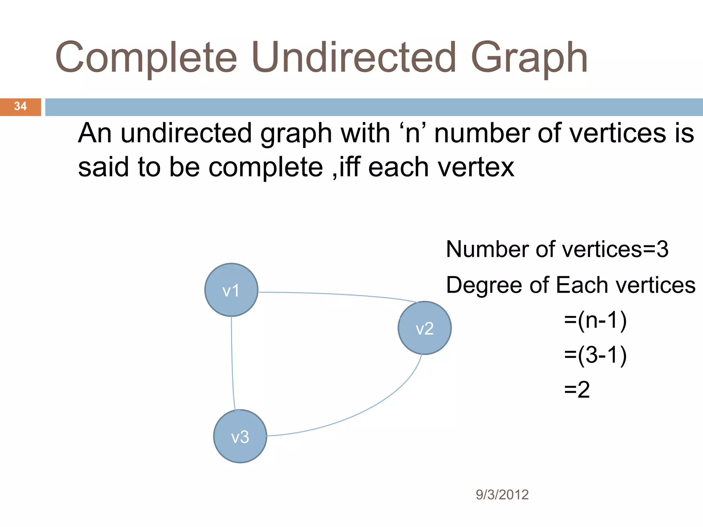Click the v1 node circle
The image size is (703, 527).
pos(231,290)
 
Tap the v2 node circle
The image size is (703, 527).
pos(425,328)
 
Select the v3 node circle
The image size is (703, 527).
pos(240,436)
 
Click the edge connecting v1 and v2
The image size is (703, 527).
pos(336,294)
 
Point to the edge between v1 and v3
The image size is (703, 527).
pos(232,364)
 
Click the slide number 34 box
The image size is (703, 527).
pos(20,107)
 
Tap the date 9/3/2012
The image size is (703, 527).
pos(502,495)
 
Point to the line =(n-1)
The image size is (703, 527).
pos(595,320)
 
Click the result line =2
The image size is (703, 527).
pos(577,390)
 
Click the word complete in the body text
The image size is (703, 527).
pos(266,168)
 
